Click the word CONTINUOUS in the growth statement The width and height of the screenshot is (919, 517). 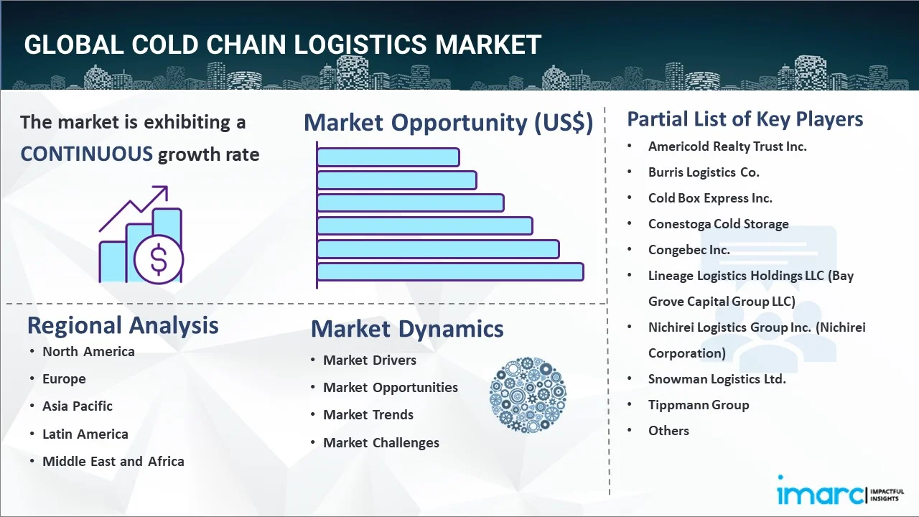click(x=86, y=154)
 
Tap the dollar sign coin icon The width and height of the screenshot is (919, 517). click(x=159, y=260)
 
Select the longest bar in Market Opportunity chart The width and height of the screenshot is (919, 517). click(x=450, y=271)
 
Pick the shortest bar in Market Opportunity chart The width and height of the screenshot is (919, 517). click(x=388, y=157)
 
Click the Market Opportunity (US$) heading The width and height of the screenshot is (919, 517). click(x=448, y=123)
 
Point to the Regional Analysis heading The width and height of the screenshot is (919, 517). click(x=123, y=325)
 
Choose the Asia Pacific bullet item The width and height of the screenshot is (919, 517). click(x=78, y=406)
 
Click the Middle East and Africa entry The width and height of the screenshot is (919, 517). click(x=113, y=461)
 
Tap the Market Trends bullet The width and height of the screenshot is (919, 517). click(x=368, y=414)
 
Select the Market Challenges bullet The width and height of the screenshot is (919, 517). click(x=381, y=442)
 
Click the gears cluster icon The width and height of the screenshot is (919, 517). click(x=528, y=396)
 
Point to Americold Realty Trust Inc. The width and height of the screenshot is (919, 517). click(x=727, y=146)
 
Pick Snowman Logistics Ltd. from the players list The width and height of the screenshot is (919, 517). click(x=717, y=378)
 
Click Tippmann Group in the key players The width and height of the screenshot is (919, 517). click(x=699, y=404)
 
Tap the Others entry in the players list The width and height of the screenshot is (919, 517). click(x=668, y=430)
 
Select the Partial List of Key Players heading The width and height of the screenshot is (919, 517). click(x=745, y=118)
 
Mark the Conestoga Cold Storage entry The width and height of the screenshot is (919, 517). click(x=718, y=223)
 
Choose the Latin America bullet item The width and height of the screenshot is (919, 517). click(x=85, y=434)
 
